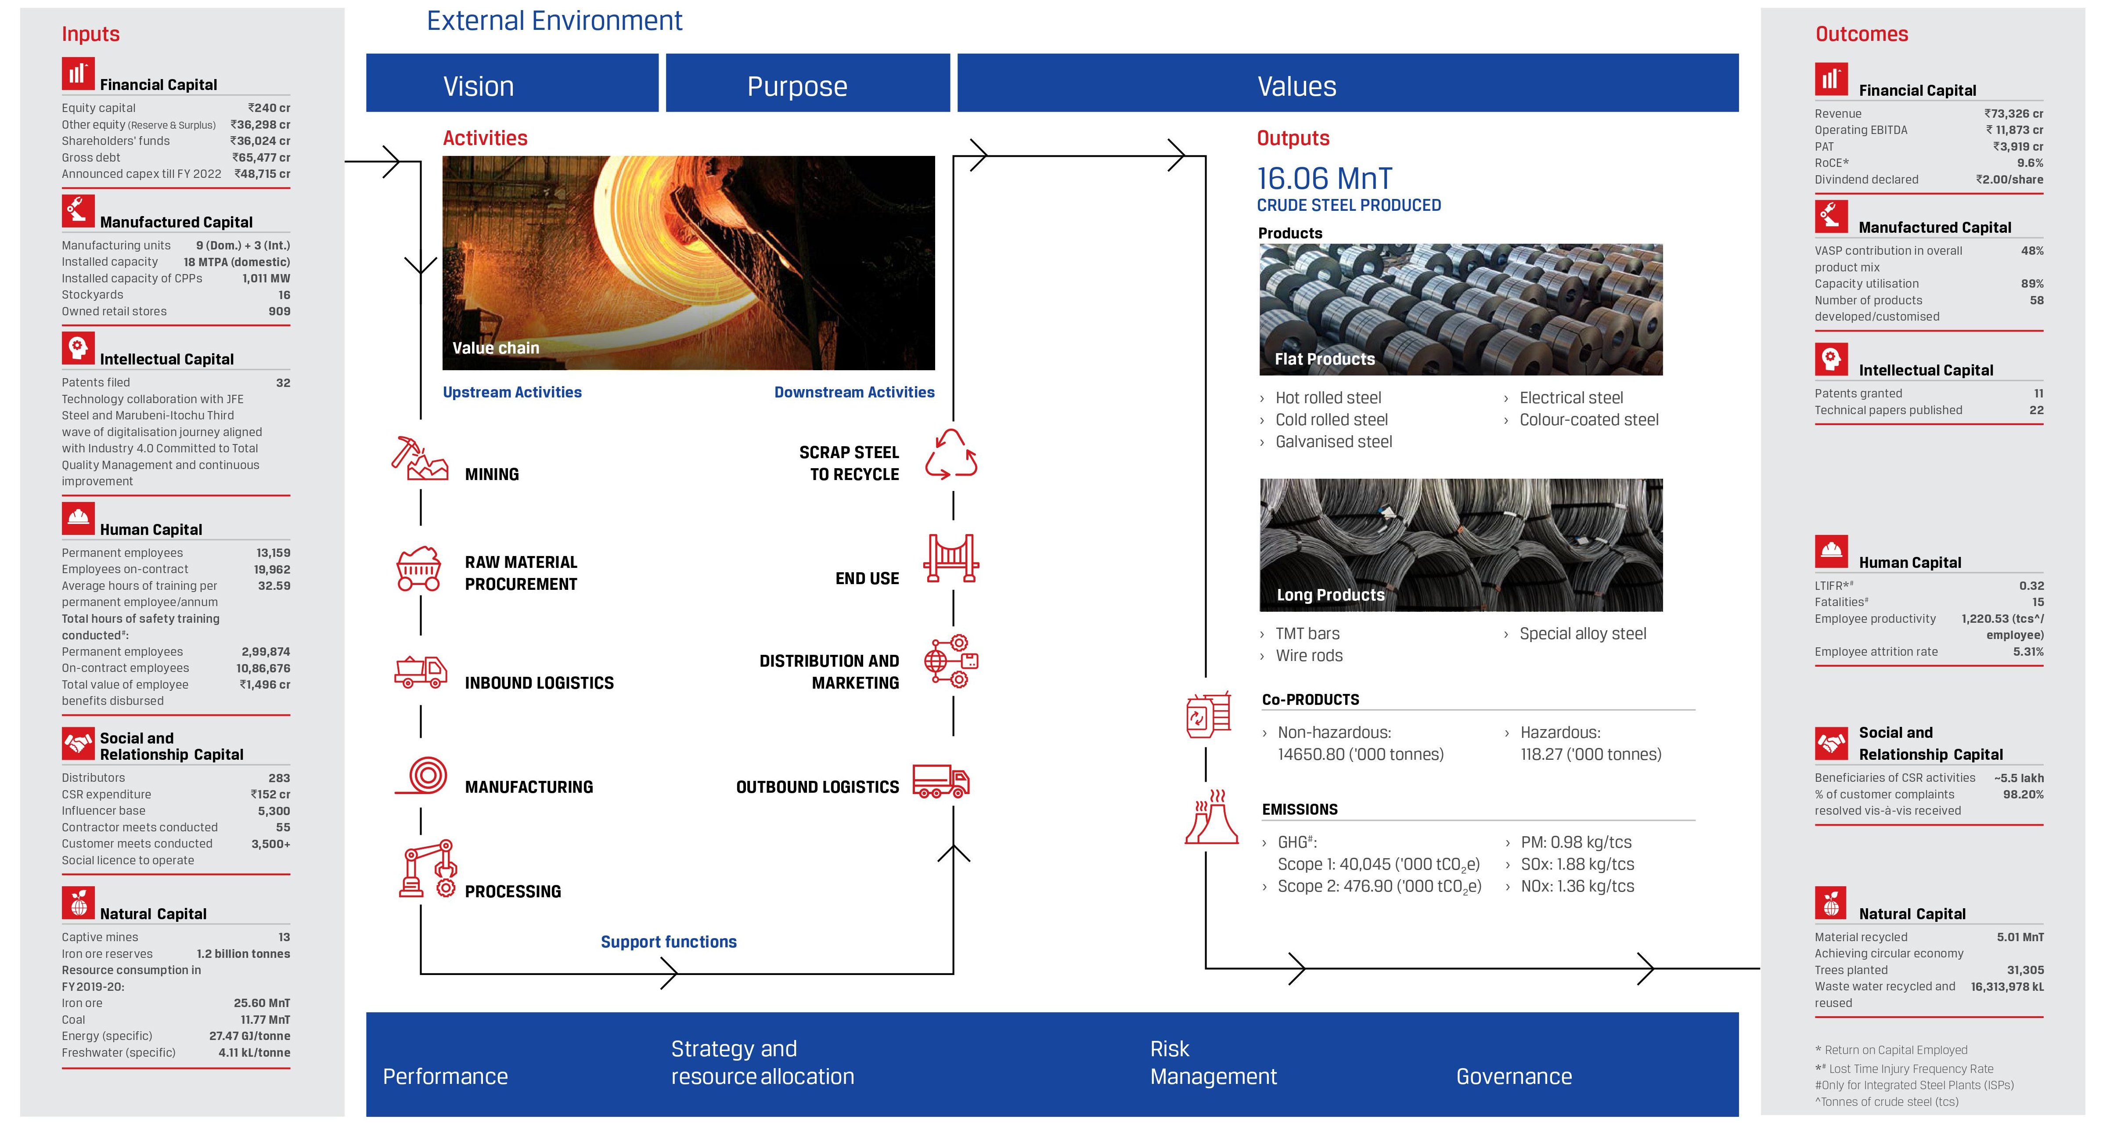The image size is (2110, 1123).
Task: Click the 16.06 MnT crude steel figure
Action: [1324, 179]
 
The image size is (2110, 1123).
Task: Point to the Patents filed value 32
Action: [283, 383]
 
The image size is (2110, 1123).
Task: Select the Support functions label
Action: [668, 942]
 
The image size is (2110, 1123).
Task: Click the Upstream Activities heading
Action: [512, 392]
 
